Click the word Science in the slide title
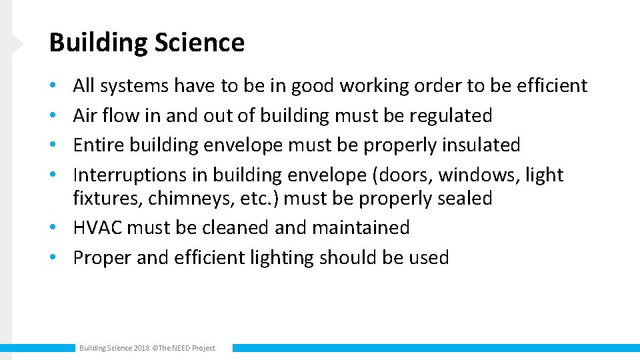tap(199, 43)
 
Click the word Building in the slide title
tap(98, 43)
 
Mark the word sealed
tap(460, 198)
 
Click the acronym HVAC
tap(97, 227)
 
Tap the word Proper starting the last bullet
tap(102, 257)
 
